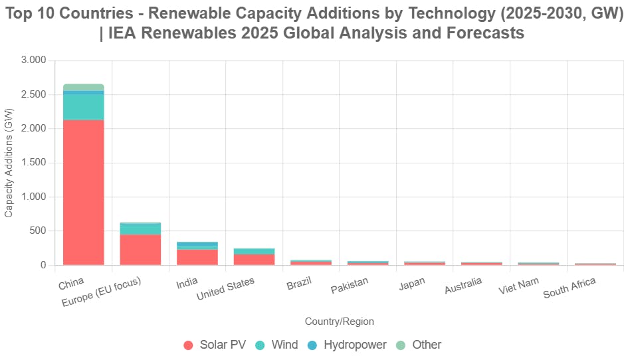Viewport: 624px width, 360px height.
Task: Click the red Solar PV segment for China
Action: pos(84,193)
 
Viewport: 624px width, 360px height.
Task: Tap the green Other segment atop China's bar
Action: pos(84,87)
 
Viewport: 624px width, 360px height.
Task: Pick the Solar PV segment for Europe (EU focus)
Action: pos(140,250)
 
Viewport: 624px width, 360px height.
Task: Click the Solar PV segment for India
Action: pos(197,257)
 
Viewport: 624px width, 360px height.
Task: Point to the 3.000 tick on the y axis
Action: pos(34,60)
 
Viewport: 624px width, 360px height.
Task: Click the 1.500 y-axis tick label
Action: pos(34,163)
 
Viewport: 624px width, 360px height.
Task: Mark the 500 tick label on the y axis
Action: pos(38,231)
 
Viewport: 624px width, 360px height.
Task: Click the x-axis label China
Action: pos(71,284)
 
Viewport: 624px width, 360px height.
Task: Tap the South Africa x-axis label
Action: pos(569,288)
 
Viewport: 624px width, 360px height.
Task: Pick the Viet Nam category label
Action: pos(519,286)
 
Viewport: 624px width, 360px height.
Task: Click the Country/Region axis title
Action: pos(339,321)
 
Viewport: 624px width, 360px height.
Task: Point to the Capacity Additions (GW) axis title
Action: pos(9,163)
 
